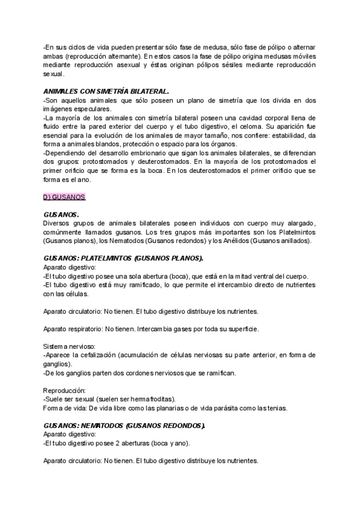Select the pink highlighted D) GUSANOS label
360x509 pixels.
tap(65, 197)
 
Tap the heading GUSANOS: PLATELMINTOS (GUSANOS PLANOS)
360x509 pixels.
tap(124, 258)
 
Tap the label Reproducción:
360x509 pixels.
tap(65, 391)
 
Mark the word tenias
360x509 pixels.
tap(274, 408)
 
